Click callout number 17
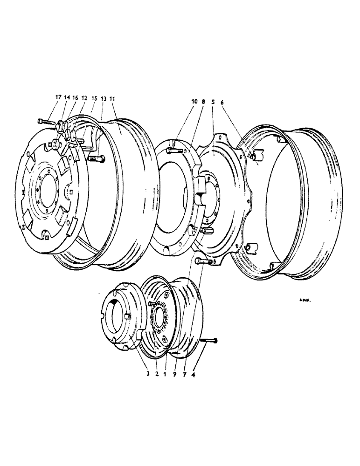58,97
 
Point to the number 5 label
213,102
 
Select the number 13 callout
104,99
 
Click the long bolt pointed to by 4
209,341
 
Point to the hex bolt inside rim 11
97,159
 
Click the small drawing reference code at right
305,302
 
